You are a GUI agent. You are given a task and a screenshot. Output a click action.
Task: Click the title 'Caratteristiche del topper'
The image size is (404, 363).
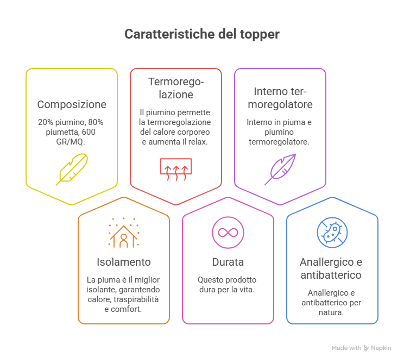(x=202, y=34)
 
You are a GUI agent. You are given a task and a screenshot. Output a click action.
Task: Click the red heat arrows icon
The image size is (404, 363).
(x=176, y=170)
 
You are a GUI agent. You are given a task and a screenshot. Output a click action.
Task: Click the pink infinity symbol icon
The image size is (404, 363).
(x=228, y=233)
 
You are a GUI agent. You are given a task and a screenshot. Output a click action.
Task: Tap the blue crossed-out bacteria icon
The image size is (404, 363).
(x=332, y=233)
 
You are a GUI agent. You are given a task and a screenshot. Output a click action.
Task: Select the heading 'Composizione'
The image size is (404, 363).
(x=72, y=104)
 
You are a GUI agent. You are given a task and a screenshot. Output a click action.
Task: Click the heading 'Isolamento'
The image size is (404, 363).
(x=124, y=262)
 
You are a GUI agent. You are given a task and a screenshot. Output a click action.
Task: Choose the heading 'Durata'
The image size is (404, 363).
(x=228, y=262)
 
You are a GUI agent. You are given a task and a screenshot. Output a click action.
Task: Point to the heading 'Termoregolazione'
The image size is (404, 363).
(x=176, y=88)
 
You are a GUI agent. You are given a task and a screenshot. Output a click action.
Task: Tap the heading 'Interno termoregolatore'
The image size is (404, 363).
(x=280, y=98)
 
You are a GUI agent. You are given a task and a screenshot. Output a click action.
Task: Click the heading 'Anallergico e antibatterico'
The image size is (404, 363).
(x=331, y=268)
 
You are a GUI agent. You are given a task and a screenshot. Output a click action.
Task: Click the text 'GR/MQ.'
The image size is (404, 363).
(x=71, y=142)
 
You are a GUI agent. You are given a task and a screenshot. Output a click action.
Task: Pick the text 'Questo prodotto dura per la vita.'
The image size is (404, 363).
(x=227, y=285)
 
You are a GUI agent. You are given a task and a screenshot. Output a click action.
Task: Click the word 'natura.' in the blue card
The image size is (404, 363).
(x=331, y=312)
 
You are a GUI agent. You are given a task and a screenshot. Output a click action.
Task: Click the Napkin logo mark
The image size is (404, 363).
(x=366, y=348)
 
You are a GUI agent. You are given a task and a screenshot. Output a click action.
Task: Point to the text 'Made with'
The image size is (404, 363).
(x=346, y=348)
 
